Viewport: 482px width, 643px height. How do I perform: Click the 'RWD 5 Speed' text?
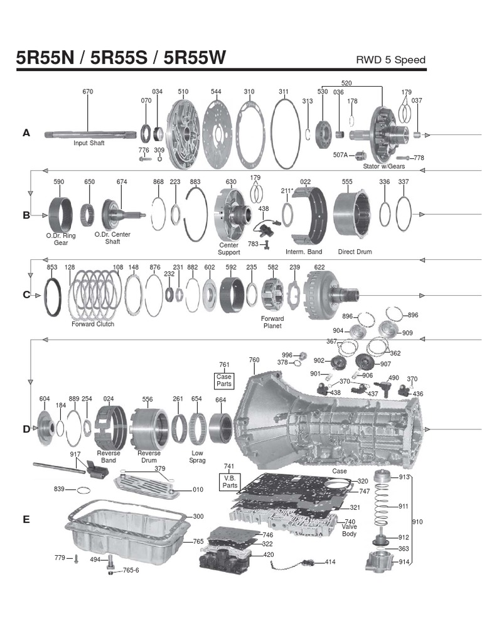(x=390, y=60)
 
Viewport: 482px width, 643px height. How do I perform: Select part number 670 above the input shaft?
(x=88, y=92)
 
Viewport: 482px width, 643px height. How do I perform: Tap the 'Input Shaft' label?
(x=88, y=143)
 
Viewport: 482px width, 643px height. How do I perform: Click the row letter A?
(x=26, y=132)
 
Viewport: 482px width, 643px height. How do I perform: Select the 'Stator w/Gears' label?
(x=383, y=166)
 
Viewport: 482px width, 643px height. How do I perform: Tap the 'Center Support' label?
(x=229, y=249)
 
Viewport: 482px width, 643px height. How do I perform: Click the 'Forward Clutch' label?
(x=93, y=324)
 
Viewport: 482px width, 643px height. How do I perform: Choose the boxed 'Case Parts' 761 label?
(x=224, y=380)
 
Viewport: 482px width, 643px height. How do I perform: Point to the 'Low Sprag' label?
(x=197, y=457)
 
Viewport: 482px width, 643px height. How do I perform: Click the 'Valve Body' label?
(x=349, y=531)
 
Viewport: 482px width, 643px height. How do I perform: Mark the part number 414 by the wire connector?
(x=330, y=561)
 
